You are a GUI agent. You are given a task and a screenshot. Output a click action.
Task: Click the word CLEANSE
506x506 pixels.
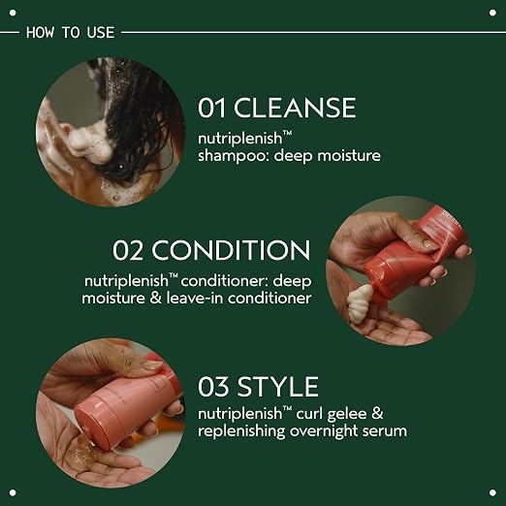pyautogui.click(x=295, y=108)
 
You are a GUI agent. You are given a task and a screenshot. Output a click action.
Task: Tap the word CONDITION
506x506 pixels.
pyautogui.click(x=231, y=250)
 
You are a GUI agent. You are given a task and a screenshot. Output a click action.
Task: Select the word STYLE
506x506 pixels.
pyautogui.click(x=278, y=387)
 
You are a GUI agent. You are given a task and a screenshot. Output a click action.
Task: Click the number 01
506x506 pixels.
pyautogui.click(x=211, y=108)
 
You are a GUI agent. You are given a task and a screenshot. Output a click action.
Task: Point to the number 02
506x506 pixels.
pyautogui.click(x=127, y=250)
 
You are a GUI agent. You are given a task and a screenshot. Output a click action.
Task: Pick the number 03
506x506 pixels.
pyautogui.click(x=213, y=387)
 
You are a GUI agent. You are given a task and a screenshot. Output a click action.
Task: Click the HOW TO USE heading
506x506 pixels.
pyautogui.click(x=71, y=33)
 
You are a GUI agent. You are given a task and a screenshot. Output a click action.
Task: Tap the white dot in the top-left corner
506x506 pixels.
pyautogui.click(x=13, y=13)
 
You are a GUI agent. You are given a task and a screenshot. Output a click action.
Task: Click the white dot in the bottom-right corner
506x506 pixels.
pyautogui.click(x=492, y=492)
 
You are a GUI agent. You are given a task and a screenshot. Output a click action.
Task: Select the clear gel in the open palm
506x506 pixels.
pyautogui.click(x=83, y=449)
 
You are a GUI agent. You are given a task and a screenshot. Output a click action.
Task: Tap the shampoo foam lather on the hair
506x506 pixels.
pyautogui.click(x=89, y=143)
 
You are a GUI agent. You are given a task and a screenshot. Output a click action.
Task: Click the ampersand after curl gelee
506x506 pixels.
pyautogui.click(x=377, y=413)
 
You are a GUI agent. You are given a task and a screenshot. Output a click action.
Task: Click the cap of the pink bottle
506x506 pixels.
pyautogui.click(x=94, y=420)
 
